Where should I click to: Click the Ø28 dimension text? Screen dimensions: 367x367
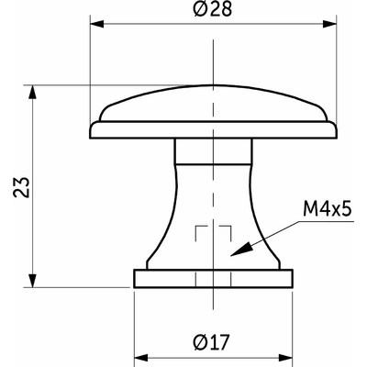(211, 12)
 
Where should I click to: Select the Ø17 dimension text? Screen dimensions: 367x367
(212, 341)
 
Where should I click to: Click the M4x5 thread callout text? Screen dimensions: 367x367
(328, 211)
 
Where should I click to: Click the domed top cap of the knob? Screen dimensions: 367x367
(212, 106)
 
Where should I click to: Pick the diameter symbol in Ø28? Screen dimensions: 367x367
(199, 12)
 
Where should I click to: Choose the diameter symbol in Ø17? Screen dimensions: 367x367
(200, 341)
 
